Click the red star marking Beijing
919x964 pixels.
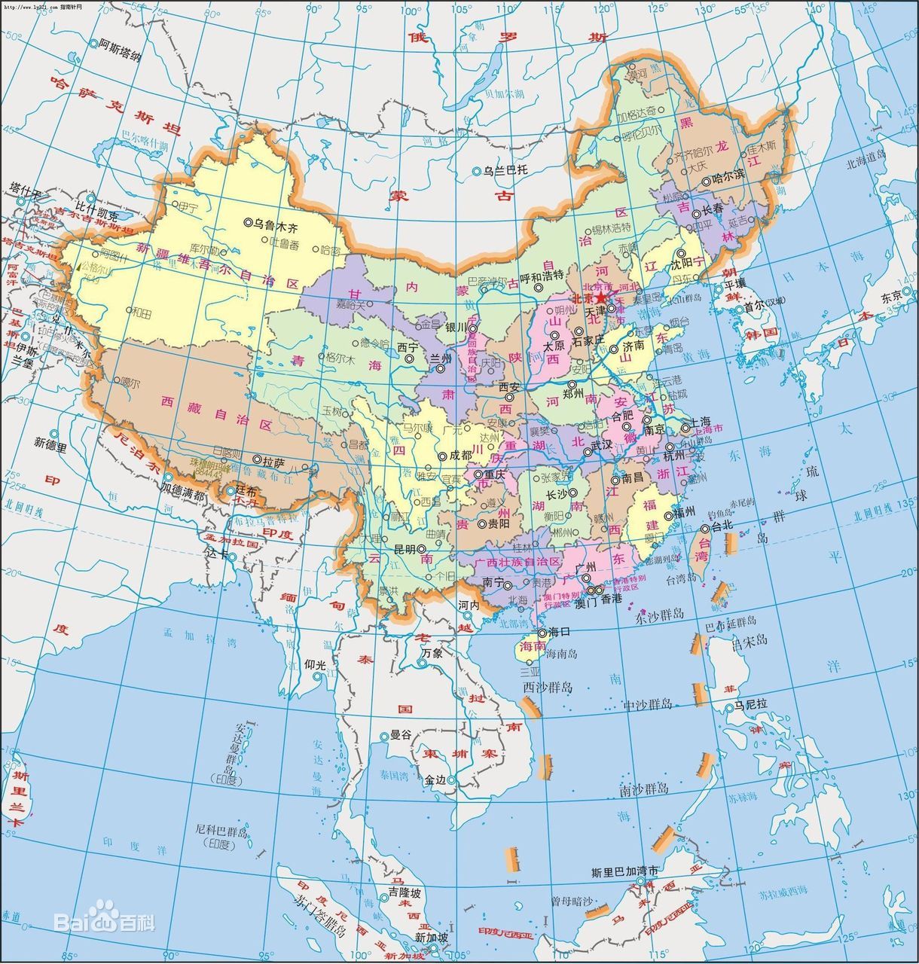pyautogui.click(x=601, y=297)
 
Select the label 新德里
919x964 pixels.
pyautogui.click(x=50, y=446)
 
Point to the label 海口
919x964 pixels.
pyautogui.click(x=559, y=633)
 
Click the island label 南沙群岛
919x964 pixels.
pyautogui.click(x=645, y=789)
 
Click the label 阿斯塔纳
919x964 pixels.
pyautogui.click(x=120, y=44)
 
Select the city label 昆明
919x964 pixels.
pyautogui.click(x=405, y=550)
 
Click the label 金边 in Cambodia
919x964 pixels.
pyautogui.click(x=435, y=781)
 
